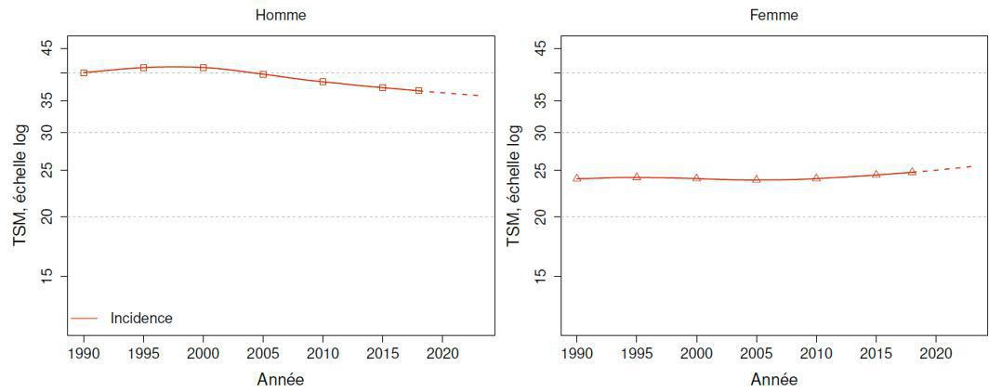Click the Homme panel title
pos(280,15)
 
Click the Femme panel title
pos(773,15)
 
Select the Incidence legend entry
pos(141,318)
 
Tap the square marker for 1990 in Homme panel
pos(84,72)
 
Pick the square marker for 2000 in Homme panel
pos(204,68)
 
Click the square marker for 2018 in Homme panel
pos(418,90)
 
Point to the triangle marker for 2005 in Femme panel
pos(757,179)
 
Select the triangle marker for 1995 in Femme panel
pos(637,176)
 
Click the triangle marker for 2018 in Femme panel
pos(912,172)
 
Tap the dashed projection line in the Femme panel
pos(943,168)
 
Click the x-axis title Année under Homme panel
pos(280,379)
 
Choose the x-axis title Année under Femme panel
pos(773,379)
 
